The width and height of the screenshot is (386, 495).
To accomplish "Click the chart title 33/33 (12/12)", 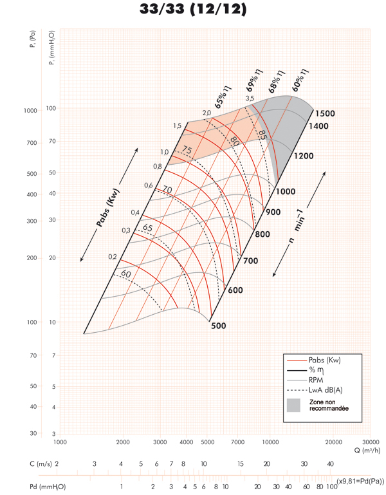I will (x=193, y=10).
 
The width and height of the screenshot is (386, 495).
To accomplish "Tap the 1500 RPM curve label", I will (x=325, y=114).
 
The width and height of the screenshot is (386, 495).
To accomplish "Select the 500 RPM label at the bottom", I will (x=219, y=326).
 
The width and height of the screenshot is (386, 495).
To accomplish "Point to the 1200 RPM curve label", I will (x=304, y=156).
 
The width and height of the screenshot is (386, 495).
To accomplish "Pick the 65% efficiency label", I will (x=223, y=98).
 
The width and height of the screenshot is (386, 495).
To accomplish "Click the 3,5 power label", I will (x=250, y=98).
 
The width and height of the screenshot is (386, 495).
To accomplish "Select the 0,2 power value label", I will (x=112, y=257).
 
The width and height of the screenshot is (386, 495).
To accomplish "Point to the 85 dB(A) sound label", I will (x=262, y=135).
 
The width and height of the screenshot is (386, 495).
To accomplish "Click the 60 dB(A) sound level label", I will (x=125, y=274).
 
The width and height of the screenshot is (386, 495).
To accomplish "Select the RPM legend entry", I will (x=316, y=380).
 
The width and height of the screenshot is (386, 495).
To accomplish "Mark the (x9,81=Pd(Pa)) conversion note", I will (x=360, y=481).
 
